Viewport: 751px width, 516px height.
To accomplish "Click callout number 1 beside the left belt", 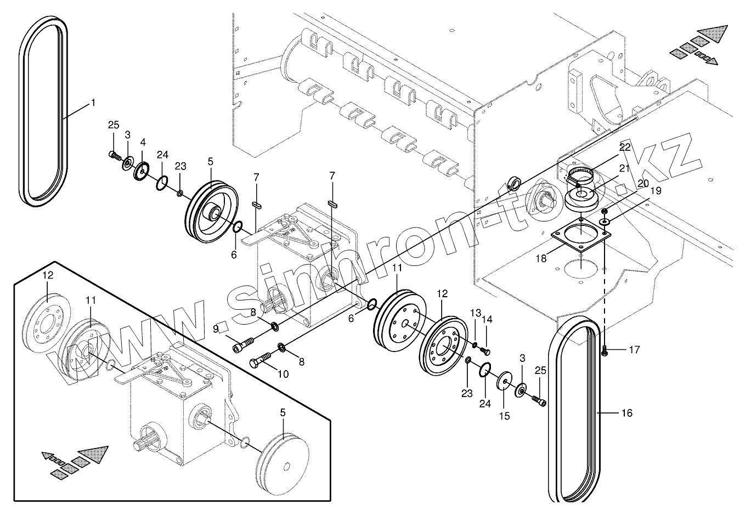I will [93, 103].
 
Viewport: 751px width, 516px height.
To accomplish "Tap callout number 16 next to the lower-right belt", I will [627, 413].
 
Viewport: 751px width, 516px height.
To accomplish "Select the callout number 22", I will [625, 148].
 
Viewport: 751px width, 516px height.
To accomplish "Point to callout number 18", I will [541, 258].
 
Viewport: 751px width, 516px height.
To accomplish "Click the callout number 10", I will [283, 375].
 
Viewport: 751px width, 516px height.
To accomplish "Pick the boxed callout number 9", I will [216, 328].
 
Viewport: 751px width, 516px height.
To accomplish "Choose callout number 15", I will [504, 416].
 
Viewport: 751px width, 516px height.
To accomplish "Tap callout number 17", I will [634, 349].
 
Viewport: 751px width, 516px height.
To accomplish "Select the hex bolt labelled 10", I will [261, 360].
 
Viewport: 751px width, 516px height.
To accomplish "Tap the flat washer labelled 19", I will [605, 221].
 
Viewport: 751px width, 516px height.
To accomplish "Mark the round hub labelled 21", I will [581, 197].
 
